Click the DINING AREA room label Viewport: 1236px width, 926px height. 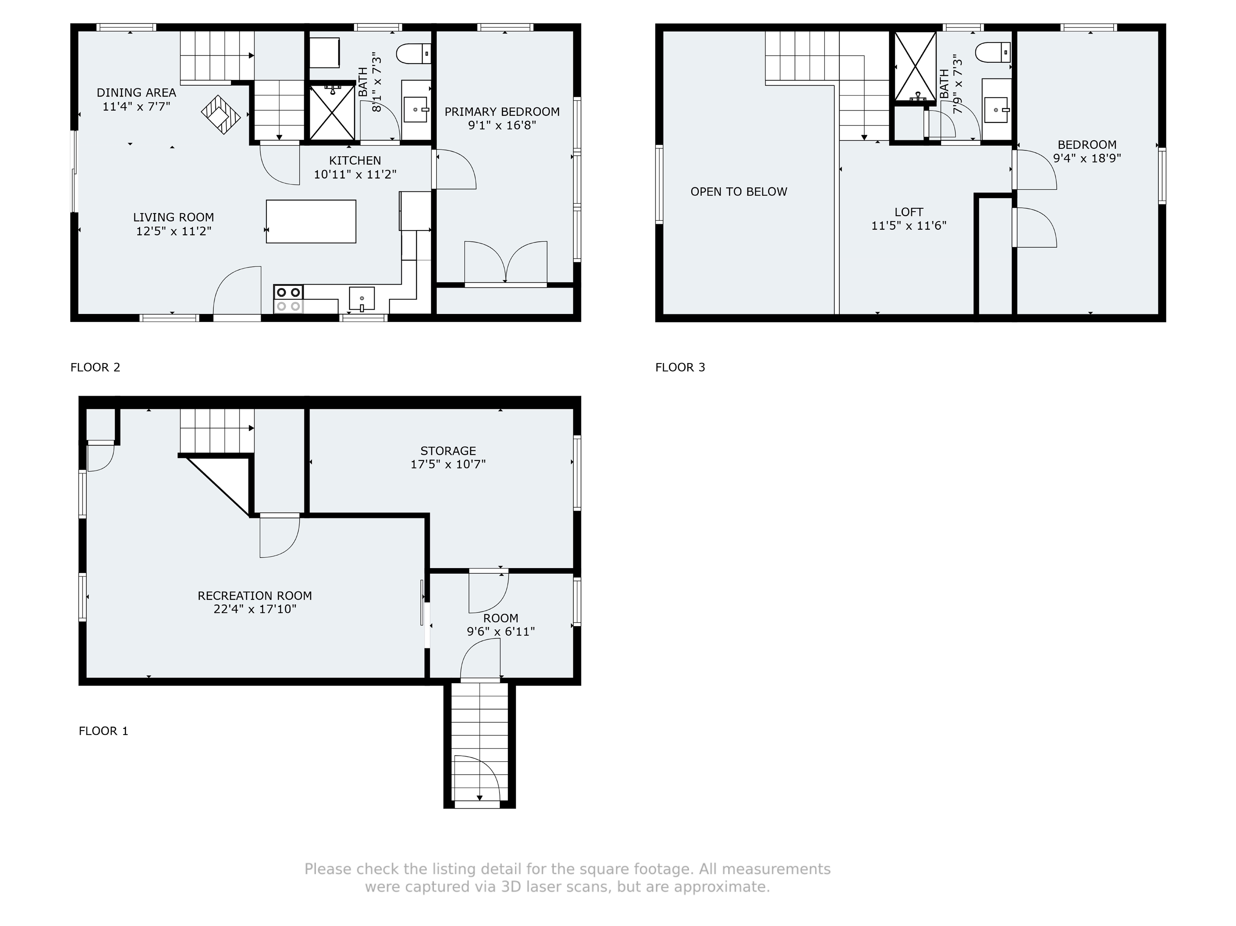point(136,93)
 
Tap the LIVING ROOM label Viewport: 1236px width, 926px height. point(173,217)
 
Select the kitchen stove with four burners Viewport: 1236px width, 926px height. point(288,299)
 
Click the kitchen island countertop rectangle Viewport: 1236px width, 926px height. point(311,221)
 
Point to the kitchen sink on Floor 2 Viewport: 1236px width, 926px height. point(362,299)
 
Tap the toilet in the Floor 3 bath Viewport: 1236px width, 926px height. point(993,53)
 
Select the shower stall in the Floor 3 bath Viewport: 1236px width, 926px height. point(915,66)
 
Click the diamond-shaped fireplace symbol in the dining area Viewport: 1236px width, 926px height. point(221,115)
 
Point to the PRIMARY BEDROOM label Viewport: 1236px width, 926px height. point(502,112)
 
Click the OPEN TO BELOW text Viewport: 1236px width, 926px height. point(739,191)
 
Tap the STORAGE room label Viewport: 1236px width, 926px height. point(448,451)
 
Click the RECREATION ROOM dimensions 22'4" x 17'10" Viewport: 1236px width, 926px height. point(255,609)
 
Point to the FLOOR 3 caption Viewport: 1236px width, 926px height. point(680,368)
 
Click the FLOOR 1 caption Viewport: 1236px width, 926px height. point(103,731)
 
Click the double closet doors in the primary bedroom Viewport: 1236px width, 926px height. point(506,263)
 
